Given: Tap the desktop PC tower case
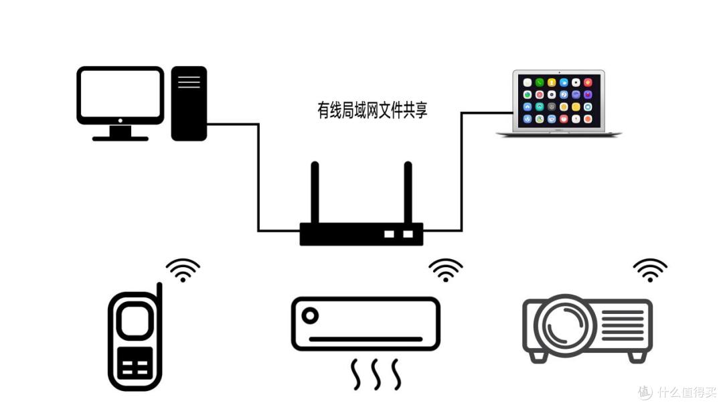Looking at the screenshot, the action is coord(189,103).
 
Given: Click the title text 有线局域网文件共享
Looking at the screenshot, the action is coord(372,110).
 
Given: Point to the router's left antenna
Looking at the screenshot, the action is coord(315,192).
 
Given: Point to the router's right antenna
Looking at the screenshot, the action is coord(408,192).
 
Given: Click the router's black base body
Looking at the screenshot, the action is coord(361,234).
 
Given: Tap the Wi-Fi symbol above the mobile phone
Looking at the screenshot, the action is coord(183,270).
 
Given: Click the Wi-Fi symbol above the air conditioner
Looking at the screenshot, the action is coord(446,270).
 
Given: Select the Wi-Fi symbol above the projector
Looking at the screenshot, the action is coord(650,270).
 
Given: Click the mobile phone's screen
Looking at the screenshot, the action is coord(135,321).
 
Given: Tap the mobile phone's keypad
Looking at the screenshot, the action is coord(135,363).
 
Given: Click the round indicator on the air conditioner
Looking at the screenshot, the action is coord(310,316).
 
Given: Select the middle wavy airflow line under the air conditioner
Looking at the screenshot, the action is coord(376,374).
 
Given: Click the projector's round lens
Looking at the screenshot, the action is coord(565,324).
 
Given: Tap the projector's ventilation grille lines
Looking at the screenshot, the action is coord(623,325).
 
